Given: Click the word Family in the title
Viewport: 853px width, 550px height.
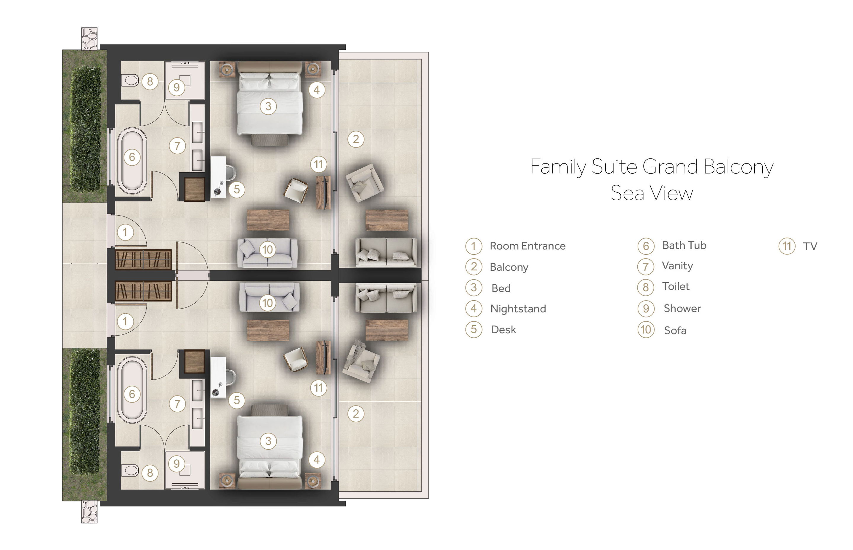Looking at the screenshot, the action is click(x=558, y=167).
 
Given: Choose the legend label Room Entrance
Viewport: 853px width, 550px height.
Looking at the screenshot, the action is click(x=527, y=246).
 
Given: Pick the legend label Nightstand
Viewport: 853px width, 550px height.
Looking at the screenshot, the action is click(x=518, y=309).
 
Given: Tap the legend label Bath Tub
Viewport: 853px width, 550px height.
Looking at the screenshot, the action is click(x=684, y=245).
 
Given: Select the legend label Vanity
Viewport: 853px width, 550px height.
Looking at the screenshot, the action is click(x=677, y=266).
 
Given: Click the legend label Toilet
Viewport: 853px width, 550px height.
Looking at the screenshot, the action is click(x=676, y=286).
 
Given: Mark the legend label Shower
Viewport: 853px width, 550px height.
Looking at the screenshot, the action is click(x=682, y=308).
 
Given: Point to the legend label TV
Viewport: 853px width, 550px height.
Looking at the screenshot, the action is click(x=810, y=246).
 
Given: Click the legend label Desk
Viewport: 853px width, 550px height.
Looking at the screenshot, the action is click(x=504, y=329).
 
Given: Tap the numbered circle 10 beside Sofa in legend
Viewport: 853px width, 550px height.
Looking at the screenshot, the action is click(x=646, y=329).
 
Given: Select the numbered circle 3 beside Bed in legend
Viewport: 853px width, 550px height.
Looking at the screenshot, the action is click(x=474, y=288).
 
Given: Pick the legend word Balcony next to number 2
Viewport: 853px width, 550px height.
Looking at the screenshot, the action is click(x=509, y=267).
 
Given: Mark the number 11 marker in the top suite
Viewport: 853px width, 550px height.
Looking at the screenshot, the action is click(x=318, y=164).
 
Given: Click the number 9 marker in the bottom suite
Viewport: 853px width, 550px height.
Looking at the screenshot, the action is click(x=177, y=464).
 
